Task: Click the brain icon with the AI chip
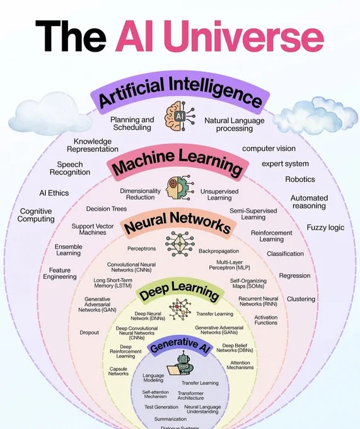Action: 180,115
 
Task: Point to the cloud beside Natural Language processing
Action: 315,114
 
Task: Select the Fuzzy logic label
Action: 325,227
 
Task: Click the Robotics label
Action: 300,179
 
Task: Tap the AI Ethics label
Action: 54,193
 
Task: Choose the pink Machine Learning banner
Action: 178,161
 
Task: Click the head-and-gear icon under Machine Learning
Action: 180,187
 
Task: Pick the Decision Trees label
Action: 107,209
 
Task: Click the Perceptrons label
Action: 141,249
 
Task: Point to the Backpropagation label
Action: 219,251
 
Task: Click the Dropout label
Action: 89,332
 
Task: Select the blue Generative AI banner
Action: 180,346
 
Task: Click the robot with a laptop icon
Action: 180,365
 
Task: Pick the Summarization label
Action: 170,419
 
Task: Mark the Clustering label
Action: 301,299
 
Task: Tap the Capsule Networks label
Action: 119,371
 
